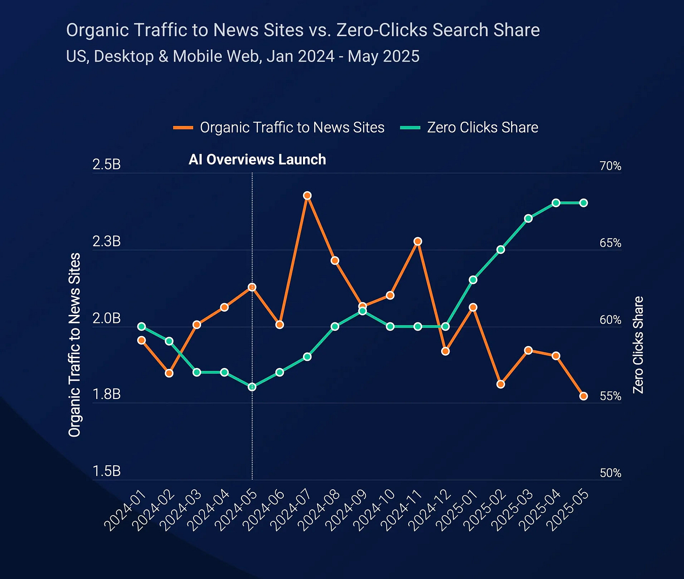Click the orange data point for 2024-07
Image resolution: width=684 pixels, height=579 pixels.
(x=307, y=196)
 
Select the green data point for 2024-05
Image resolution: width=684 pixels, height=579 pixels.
(x=252, y=387)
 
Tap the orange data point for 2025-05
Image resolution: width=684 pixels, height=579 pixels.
(x=583, y=396)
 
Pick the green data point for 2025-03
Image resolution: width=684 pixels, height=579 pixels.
(x=528, y=218)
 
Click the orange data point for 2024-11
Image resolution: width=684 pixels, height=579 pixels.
(x=418, y=242)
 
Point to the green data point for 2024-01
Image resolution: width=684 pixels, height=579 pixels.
(x=141, y=327)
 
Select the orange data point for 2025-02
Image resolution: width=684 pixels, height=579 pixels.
(x=501, y=384)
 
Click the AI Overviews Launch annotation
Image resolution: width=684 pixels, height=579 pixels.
(x=257, y=160)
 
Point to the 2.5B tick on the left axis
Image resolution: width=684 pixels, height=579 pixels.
(x=107, y=164)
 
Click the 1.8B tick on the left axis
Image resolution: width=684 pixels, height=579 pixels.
(x=107, y=394)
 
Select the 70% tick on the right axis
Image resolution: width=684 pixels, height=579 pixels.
(x=610, y=166)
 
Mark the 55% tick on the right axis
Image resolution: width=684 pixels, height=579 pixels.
(x=610, y=396)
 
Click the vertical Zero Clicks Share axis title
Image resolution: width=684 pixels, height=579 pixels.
(x=638, y=345)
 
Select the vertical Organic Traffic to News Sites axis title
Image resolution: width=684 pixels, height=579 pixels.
(x=75, y=345)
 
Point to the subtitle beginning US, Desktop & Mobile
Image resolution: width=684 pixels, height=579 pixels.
(x=242, y=56)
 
